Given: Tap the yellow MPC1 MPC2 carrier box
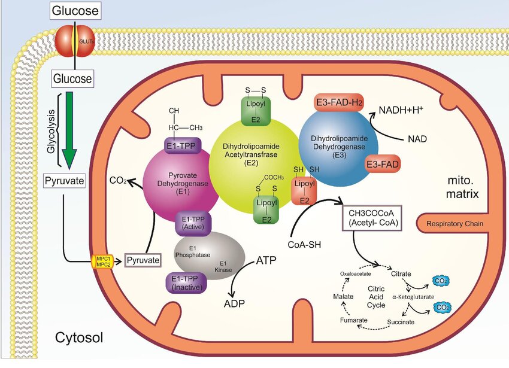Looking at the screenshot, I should point(102,260).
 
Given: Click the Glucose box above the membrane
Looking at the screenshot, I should point(75,10).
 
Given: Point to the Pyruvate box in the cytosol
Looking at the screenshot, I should point(63,180).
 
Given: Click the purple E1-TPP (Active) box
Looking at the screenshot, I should point(190,223).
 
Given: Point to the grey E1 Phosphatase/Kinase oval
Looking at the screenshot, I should point(210,256).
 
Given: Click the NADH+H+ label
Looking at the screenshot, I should point(401,110).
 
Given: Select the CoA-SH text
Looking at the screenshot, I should point(307,244).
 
